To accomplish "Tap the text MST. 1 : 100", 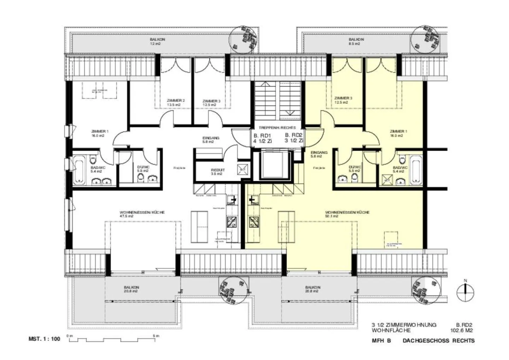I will [x=44, y=339].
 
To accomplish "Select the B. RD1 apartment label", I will [x=262, y=138].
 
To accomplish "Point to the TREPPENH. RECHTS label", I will [x=277, y=128].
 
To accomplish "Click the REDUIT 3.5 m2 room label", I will [x=218, y=172].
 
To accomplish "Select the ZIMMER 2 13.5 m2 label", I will [x=176, y=103].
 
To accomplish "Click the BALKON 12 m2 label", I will [x=158, y=41].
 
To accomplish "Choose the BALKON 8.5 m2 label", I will [x=356, y=41].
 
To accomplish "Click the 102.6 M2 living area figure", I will [x=461, y=331].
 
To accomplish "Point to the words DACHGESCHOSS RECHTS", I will [x=438, y=341].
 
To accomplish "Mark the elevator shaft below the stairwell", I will [x=273, y=165].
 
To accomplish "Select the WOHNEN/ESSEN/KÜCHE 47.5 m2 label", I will [x=142, y=214].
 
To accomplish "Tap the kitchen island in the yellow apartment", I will [x=286, y=227].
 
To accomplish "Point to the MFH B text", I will [x=381, y=341].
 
